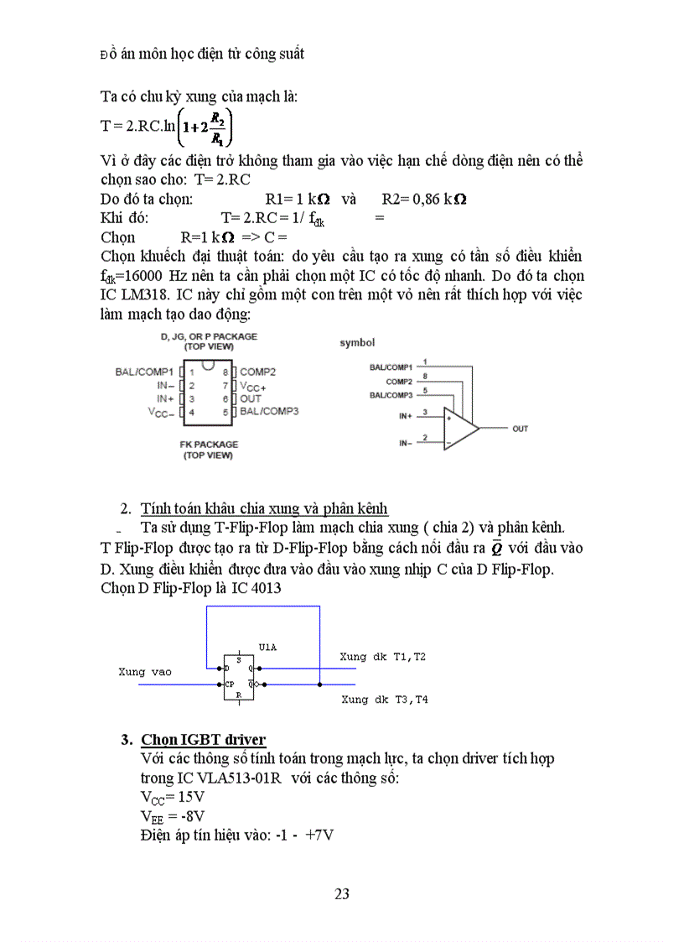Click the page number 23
coord(342,893)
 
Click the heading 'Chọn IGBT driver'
coord(203,739)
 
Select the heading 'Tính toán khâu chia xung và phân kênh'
coord(264,508)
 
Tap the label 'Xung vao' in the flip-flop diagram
coord(144,672)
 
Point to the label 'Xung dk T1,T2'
coord(383,657)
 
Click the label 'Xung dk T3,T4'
coord(385,699)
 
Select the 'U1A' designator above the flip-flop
coord(267,648)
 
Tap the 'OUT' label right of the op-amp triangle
coord(520,429)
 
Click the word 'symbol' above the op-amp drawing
coord(357,342)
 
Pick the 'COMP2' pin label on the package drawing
coord(258,371)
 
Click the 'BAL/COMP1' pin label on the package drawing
coord(144,371)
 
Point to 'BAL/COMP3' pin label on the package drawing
coord(269,411)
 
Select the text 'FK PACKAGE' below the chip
coord(209,444)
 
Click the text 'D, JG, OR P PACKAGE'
coord(209,336)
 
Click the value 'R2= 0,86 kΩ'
coord(424,200)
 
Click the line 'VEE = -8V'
coord(174,815)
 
